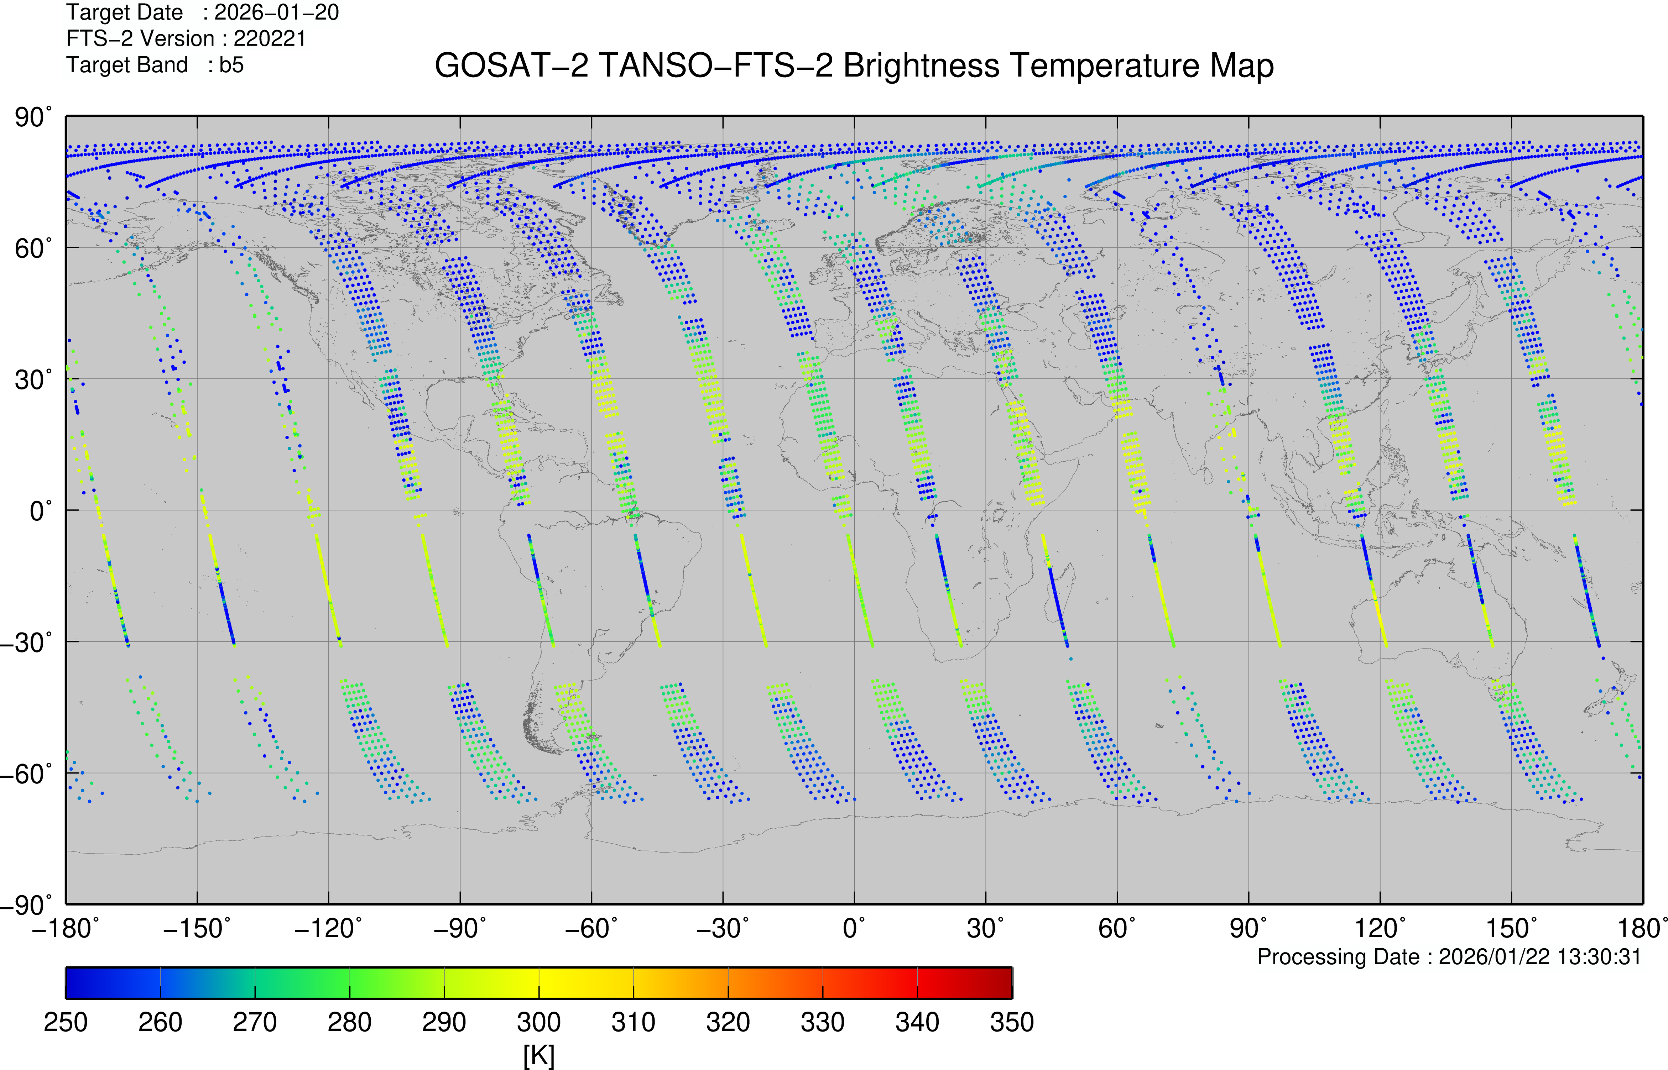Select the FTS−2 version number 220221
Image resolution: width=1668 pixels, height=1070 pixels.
click(270, 39)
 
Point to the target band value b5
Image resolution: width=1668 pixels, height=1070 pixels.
click(231, 65)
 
